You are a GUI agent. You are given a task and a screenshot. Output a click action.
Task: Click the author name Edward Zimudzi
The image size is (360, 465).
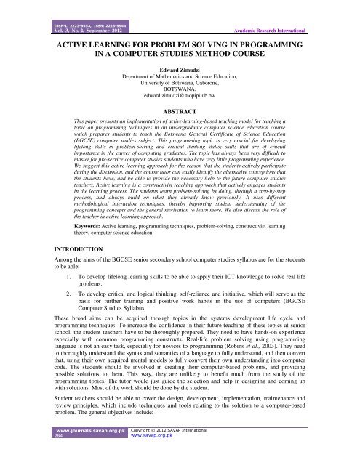pyautogui.click(x=180, y=71)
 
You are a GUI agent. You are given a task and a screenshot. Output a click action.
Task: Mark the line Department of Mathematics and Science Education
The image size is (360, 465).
pyautogui.click(x=180, y=79)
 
